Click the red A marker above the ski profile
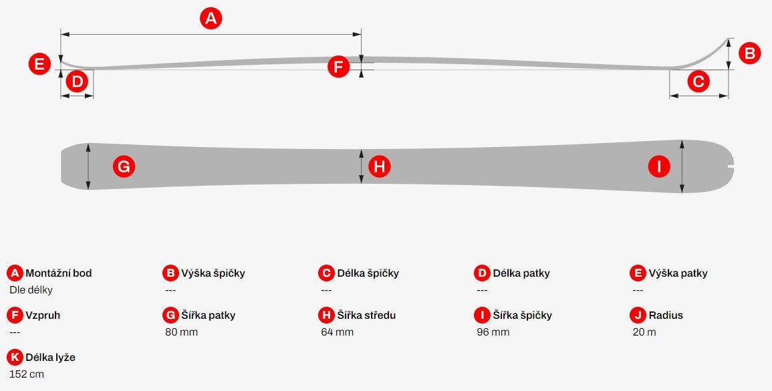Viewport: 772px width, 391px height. [211, 19]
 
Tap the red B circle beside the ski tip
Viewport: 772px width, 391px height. [749, 53]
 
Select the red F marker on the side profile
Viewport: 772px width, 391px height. [339, 66]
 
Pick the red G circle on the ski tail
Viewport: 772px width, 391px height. [124, 166]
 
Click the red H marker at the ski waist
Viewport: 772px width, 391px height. [379, 166]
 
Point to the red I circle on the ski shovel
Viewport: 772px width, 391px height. [659, 166]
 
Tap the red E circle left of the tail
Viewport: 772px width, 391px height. [40, 65]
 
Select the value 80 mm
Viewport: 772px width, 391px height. [181, 332]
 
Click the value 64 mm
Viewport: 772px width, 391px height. [338, 332]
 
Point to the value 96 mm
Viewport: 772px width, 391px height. [493, 332]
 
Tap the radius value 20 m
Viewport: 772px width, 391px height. [644, 332]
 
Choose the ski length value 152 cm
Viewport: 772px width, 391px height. [27, 374]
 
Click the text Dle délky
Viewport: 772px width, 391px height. [31, 290]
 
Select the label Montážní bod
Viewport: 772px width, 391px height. [59, 273]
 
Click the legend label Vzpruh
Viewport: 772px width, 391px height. [43, 315]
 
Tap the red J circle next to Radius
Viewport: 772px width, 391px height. [638, 315]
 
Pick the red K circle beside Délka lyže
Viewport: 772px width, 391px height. [14, 357]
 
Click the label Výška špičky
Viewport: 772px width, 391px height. [213, 273]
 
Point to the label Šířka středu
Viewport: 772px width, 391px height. [366, 315]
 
